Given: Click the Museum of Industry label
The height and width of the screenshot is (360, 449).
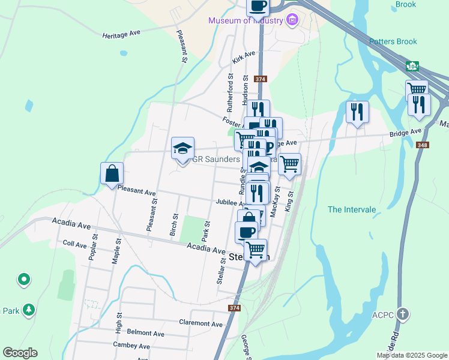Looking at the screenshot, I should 245,20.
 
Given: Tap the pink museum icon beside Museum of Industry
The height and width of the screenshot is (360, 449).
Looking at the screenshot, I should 292,20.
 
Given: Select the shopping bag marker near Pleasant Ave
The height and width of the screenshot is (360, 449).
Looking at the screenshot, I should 112,174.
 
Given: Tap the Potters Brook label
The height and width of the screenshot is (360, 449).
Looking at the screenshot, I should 393,41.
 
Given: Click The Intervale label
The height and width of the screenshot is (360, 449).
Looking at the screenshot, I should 352,209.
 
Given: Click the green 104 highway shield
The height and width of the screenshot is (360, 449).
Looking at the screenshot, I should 411,65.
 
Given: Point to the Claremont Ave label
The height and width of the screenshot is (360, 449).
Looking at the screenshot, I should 201,323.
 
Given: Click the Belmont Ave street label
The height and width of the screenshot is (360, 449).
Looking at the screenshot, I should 145,333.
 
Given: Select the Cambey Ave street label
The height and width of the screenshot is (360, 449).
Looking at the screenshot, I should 131,346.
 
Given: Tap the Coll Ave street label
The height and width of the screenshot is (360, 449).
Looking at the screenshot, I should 75,244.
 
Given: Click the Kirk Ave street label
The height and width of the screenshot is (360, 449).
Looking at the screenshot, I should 244,58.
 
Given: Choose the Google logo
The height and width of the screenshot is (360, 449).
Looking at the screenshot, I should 20,353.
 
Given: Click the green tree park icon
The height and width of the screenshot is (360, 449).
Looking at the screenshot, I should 28,310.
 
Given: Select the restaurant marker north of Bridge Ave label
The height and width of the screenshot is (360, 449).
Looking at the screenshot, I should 357,112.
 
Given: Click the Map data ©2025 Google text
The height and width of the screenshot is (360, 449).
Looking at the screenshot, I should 412,355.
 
